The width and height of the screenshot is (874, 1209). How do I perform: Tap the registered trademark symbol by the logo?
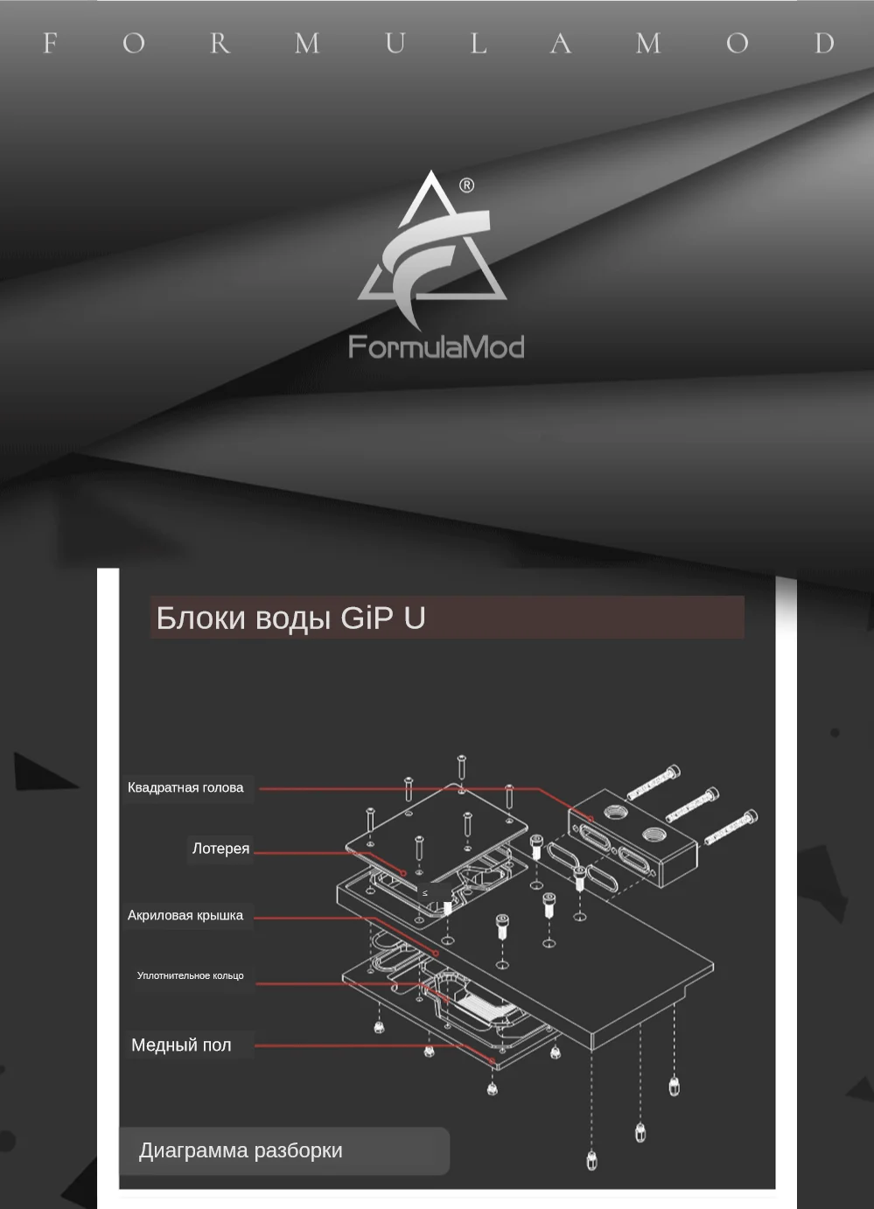(x=466, y=185)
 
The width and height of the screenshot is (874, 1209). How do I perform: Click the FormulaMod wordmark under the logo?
(x=436, y=347)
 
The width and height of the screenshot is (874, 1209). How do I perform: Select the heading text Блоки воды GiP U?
(x=290, y=618)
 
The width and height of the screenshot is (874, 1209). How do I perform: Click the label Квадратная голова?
(x=185, y=787)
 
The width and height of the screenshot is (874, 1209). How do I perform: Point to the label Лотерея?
(x=220, y=849)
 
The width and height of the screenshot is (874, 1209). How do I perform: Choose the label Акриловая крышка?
(x=185, y=916)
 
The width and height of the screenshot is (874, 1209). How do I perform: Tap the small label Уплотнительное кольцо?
(x=190, y=975)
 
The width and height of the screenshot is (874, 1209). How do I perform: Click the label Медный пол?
(x=181, y=1045)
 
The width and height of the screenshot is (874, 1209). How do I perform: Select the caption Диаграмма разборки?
(x=241, y=1150)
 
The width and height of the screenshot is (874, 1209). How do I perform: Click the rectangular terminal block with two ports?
(x=632, y=836)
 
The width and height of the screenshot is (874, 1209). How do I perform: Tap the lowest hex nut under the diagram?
(x=591, y=1161)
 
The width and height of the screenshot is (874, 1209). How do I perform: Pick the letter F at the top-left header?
(x=50, y=43)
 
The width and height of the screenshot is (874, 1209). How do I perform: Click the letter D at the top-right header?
(x=823, y=43)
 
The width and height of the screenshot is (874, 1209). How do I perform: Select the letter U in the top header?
(x=395, y=43)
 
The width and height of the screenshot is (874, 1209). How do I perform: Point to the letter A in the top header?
(x=560, y=43)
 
